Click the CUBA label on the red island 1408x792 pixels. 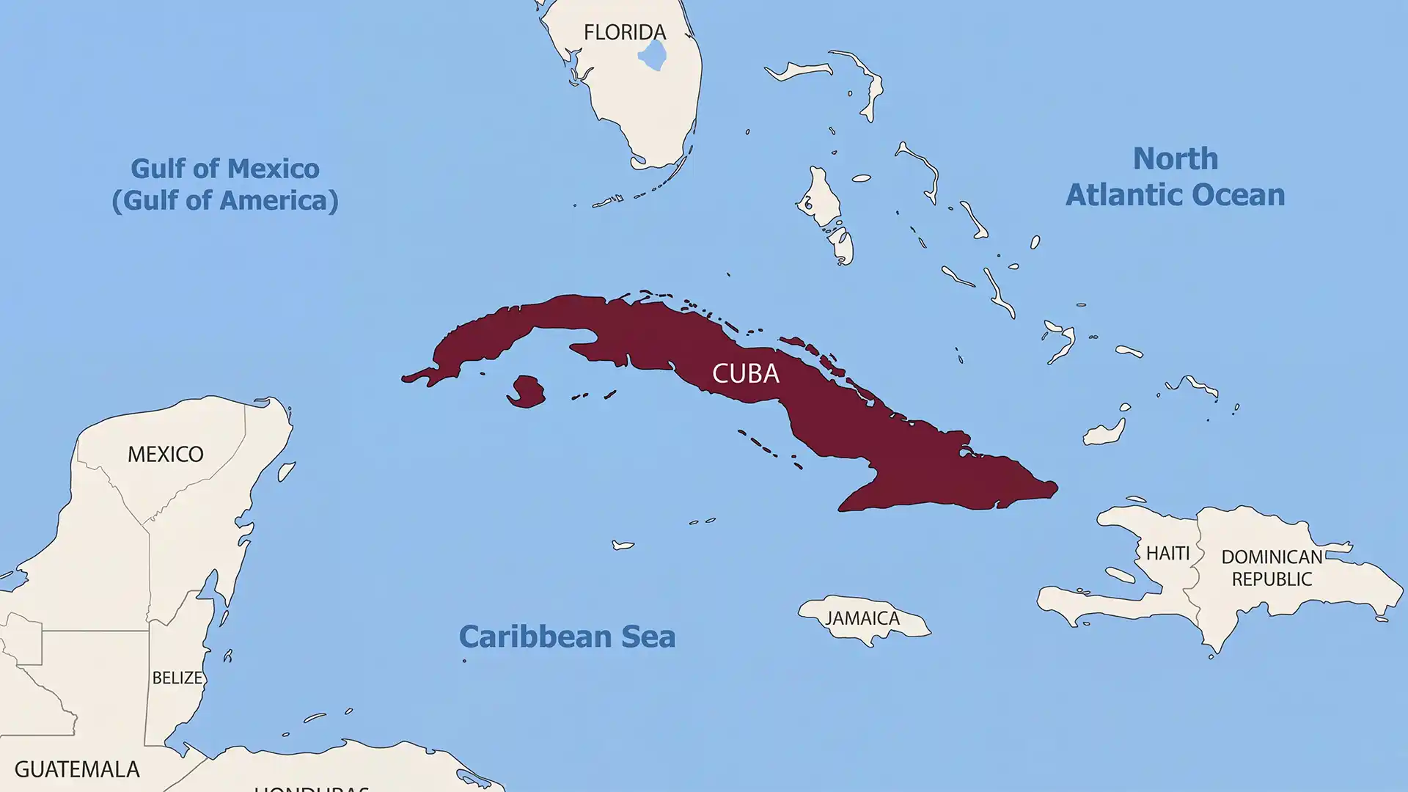(x=745, y=373)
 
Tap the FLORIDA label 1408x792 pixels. (x=625, y=32)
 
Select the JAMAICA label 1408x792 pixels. (x=862, y=618)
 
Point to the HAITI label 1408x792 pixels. (x=1167, y=553)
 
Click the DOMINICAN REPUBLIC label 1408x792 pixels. (x=1272, y=568)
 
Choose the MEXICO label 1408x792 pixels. (x=166, y=454)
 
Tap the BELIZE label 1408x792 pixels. (x=177, y=678)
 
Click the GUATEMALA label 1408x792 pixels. (x=77, y=769)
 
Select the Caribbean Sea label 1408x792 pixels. (x=567, y=637)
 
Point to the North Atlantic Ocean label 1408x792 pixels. (x=1175, y=177)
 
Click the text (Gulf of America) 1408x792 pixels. (x=225, y=200)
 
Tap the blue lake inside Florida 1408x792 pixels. (x=652, y=55)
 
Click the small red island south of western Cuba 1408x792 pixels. (x=526, y=392)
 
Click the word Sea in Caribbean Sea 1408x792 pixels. (x=648, y=637)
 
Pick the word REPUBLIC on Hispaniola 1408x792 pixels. (x=1272, y=579)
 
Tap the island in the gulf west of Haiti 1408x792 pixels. (x=1120, y=576)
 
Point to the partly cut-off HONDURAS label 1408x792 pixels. (x=312, y=788)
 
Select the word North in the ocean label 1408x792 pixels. (x=1175, y=158)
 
